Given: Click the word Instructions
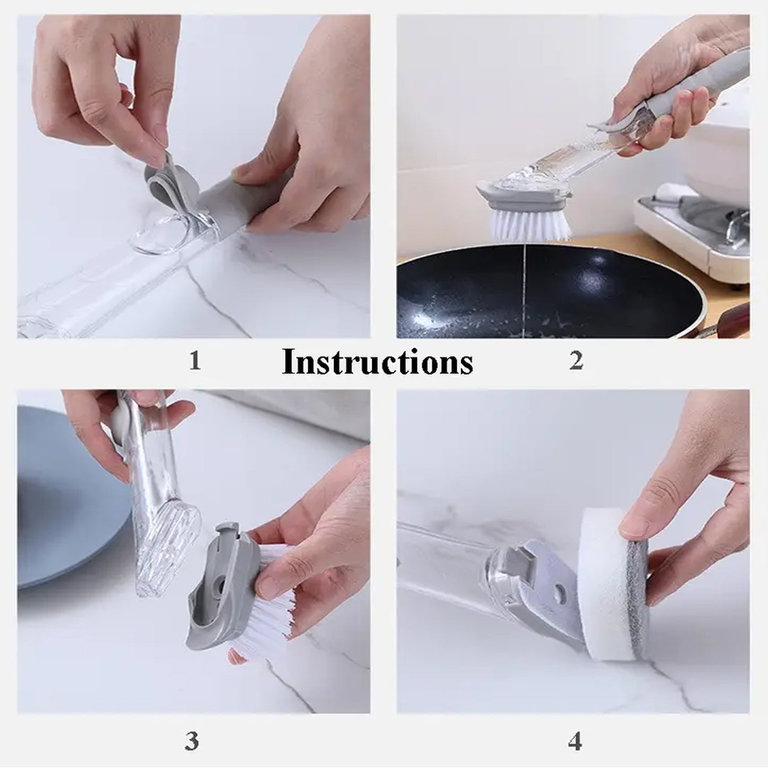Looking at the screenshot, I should [377, 362].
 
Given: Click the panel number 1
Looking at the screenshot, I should [195, 361].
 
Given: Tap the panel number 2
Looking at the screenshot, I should [576, 361].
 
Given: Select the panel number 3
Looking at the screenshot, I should [191, 741].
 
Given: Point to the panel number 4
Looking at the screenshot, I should [575, 741].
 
